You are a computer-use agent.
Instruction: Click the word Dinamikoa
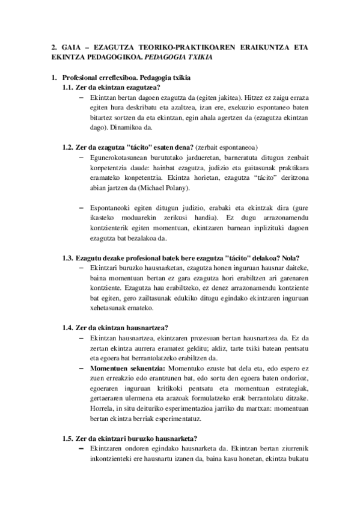pyautogui.click(x=122, y=127)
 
